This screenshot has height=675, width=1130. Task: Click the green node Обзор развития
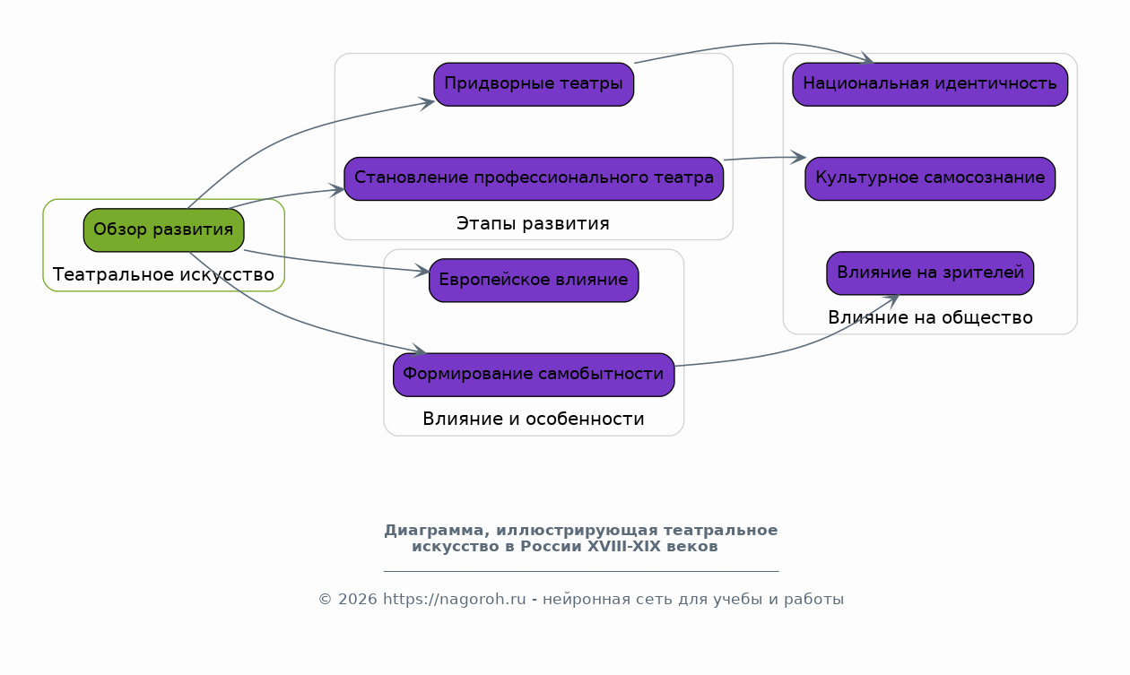click(x=163, y=230)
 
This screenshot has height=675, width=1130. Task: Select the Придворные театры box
click(x=534, y=84)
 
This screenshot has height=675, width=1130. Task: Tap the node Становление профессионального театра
click(x=534, y=178)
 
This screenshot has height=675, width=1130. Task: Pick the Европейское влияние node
click(x=534, y=281)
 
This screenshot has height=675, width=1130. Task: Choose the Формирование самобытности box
click(x=534, y=375)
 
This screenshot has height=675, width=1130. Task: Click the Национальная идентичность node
click(x=930, y=84)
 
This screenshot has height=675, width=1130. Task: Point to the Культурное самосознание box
click(x=930, y=178)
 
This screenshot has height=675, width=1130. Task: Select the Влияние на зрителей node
click(x=930, y=273)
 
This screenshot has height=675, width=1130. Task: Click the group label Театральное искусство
click(x=163, y=274)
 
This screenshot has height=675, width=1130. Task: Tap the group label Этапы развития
click(x=533, y=223)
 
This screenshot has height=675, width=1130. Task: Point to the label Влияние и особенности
click(x=533, y=419)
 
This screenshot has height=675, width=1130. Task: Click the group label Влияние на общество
click(x=930, y=317)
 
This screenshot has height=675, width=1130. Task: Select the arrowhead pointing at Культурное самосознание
click(x=799, y=158)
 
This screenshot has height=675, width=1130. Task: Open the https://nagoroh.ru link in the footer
click(x=454, y=600)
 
